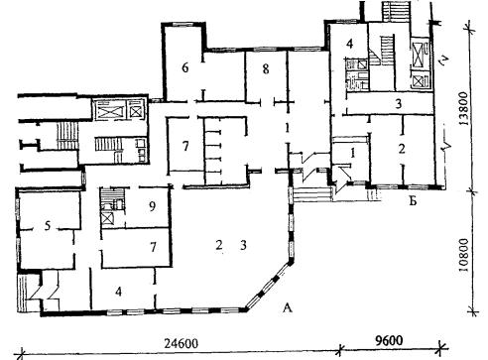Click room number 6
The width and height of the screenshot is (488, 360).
point(185,67)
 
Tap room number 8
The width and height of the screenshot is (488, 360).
point(266,69)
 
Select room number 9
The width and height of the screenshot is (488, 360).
point(152,206)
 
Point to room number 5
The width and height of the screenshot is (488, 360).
point(48,226)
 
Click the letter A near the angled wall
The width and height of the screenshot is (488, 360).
point(288,307)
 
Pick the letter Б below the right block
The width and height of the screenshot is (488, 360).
point(413,200)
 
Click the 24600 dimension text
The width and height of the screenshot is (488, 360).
point(182,344)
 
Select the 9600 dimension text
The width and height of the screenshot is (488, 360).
point(389,340)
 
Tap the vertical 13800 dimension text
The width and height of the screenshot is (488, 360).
point(464,108)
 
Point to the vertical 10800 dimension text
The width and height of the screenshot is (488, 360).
point(464,255)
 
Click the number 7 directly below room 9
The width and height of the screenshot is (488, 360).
point(153,247)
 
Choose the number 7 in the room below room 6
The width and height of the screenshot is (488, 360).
point(185,146)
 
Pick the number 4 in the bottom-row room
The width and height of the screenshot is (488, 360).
point(119,292)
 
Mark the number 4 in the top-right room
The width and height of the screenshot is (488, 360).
point(349,44)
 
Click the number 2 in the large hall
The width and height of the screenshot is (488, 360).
point(218,245)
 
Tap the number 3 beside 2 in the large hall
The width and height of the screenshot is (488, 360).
point(243,245)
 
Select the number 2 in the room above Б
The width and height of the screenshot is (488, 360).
point(402,149)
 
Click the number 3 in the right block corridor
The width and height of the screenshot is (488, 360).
point(399,104)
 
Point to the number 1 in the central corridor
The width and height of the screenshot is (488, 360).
point(288,128)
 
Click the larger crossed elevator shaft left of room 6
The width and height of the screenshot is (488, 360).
point(109,110)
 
